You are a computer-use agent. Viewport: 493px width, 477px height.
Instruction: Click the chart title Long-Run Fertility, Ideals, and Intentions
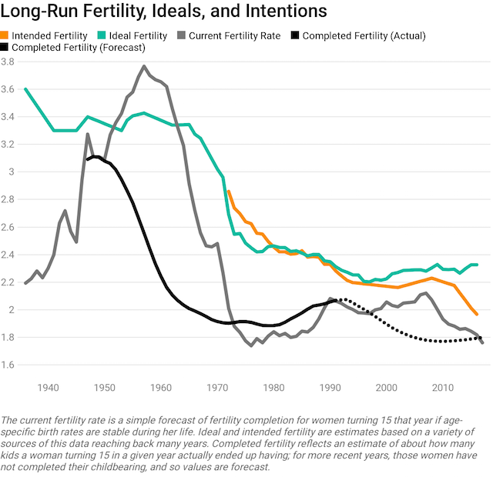(x=164, y=12)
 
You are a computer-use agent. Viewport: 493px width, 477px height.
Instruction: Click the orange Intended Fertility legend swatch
(x=6, y=35)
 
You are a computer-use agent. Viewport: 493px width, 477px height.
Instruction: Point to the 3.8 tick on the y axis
(x=10, y=62)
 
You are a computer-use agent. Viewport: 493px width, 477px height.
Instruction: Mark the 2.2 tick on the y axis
(x=10, y=282)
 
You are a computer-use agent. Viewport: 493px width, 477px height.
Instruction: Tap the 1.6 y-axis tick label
(x=10, y=365)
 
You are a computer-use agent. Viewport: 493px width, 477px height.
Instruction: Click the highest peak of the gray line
(x=144, y=66)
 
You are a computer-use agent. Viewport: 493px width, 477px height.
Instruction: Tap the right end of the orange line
(x=477, y=314)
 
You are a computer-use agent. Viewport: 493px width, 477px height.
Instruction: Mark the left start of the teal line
(x=25, y=89)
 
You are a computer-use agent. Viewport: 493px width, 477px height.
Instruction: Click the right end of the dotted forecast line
(x=481, y=337)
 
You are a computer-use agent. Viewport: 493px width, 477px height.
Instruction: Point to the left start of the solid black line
(x=87, y=159)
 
